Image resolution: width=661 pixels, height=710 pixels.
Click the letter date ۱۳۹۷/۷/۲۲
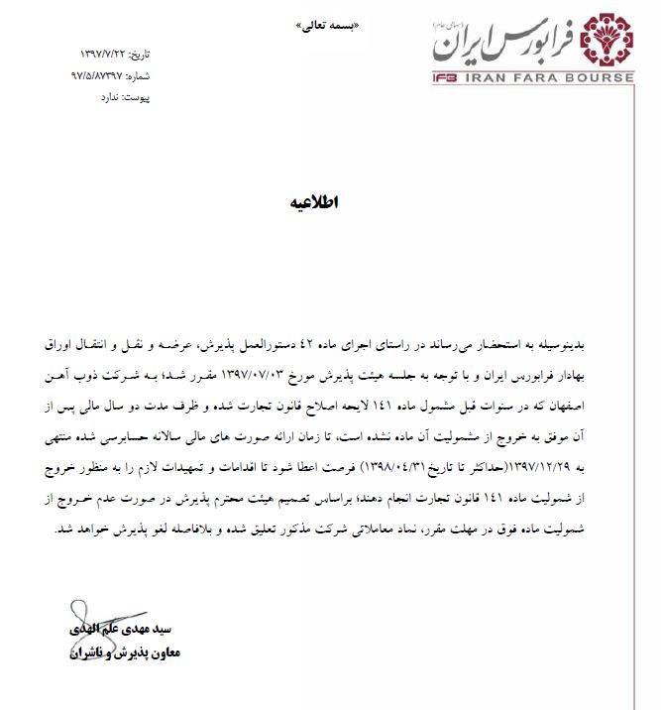tap(111, 53)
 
